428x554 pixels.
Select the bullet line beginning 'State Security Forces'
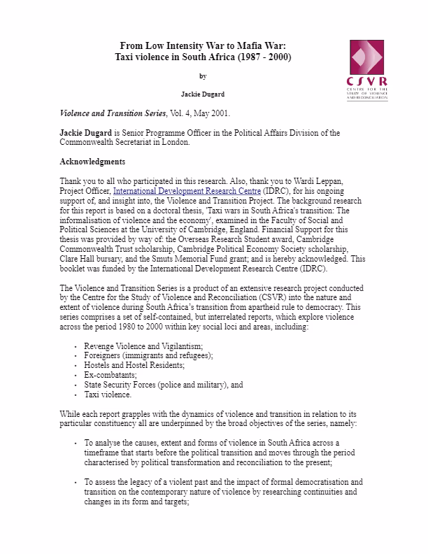[x=163, y=385]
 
